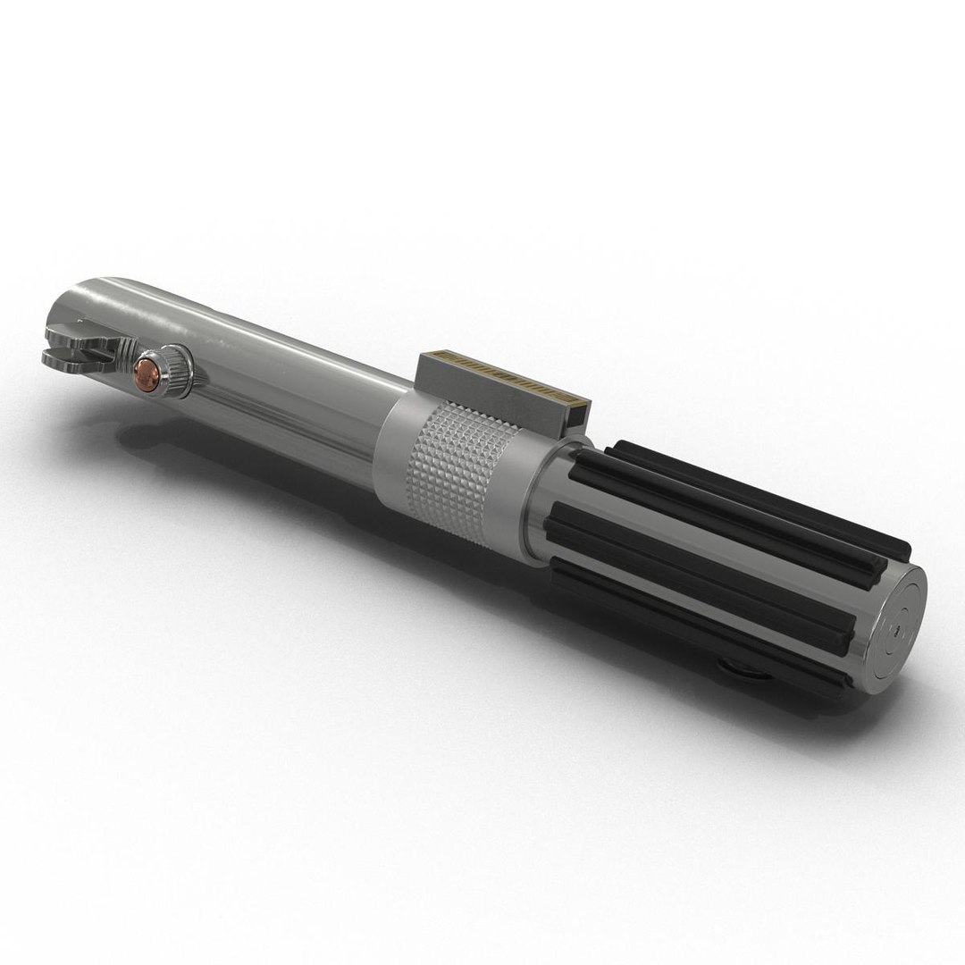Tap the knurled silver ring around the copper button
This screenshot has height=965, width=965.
point(175,367)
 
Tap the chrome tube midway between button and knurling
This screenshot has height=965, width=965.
point(286,393)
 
